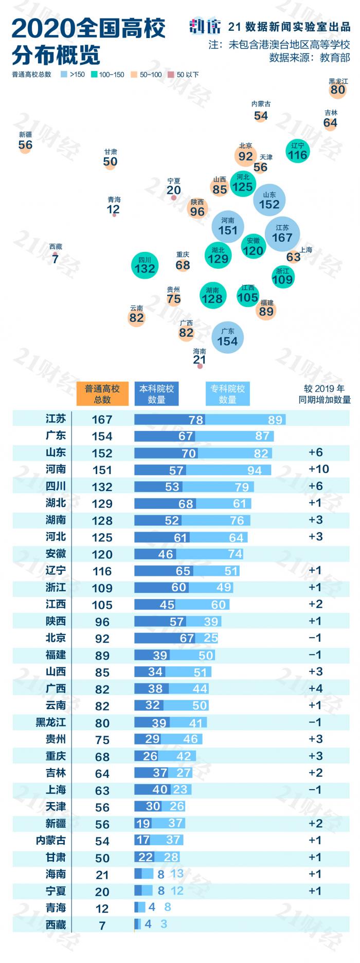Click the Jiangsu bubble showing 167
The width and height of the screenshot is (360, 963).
pos(282,234)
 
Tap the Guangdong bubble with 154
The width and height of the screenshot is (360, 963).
pos(227,338)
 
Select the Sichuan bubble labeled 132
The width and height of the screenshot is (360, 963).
pos(145,265)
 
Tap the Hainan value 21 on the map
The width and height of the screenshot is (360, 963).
pos(200,360)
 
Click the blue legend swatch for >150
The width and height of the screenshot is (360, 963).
pos(64,75)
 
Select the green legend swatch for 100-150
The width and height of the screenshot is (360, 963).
pos(94,75)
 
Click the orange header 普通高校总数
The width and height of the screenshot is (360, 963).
pos(102,394)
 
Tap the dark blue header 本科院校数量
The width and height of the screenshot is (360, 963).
pos(156,394)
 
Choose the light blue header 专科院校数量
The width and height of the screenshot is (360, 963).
pos(227,394)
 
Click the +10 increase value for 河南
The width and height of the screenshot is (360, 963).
pos(318,469)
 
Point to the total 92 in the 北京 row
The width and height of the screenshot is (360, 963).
pos(102,638)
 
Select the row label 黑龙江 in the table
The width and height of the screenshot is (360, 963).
pos(50,722)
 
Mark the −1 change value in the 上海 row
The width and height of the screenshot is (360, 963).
pos(315,789)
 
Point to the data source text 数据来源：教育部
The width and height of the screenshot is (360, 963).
pos(309,58)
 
